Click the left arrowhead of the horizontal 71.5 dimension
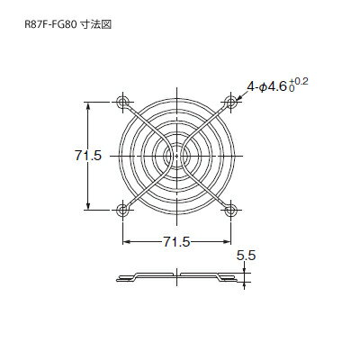point(126,242)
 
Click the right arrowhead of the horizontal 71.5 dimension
point(228,242)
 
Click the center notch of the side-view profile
point(177,275)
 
